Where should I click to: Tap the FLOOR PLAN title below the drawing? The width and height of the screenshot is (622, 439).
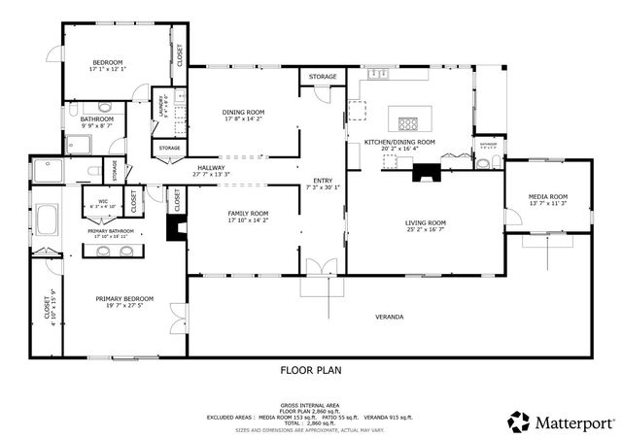pyautogui.click(x=311, y=370)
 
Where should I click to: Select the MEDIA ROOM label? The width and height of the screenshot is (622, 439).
pyautogui.click(x=547, y=197)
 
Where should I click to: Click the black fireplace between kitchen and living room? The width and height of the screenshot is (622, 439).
pyautogui.click(x=426, y=174)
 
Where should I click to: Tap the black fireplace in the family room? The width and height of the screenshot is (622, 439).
pyautogui.click(x=176, y=227)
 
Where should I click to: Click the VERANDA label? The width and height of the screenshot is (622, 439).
pyautogui.click(x=389, y=317)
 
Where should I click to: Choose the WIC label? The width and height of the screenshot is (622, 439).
pyautogui.click(x=103, y=202)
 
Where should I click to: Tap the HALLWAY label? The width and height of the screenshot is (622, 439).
pyautogui.click(x=211, y=168)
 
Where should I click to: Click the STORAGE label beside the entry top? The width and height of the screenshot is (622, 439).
pyautogui.click(x=323, y=76)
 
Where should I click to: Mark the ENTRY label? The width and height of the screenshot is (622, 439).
pyautogui.click(x=322, y=182)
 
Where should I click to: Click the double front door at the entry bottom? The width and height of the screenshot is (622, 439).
pyautogui.click(x=323, y=265)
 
